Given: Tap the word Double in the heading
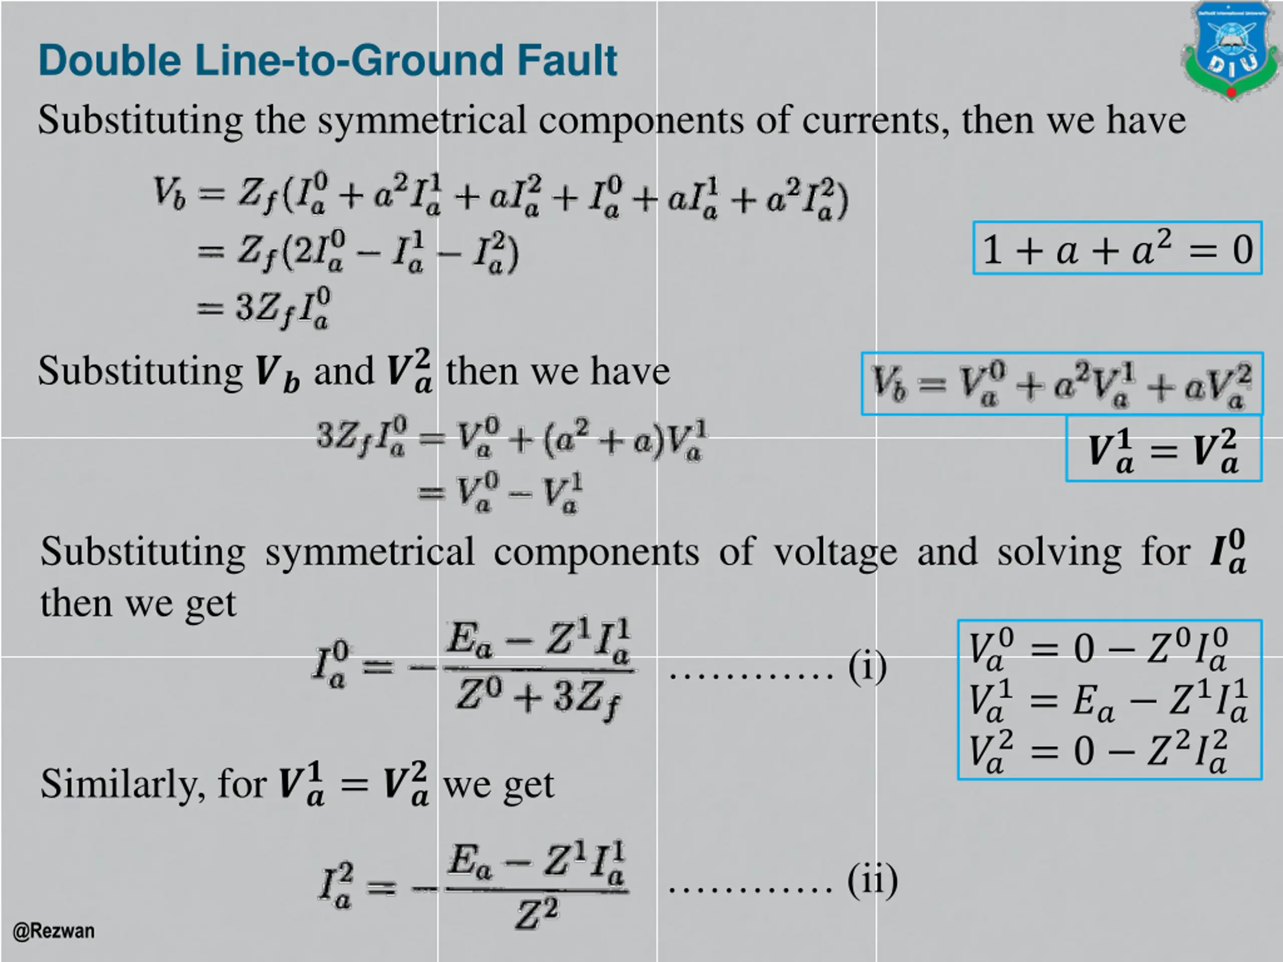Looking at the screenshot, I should [x=110, y=60].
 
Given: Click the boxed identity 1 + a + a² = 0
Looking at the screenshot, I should [x=1117, y=248].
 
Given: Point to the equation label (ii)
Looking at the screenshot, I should [x=872, y=880].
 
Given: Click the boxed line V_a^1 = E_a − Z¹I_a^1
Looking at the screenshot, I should [x=1108, y=700].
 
